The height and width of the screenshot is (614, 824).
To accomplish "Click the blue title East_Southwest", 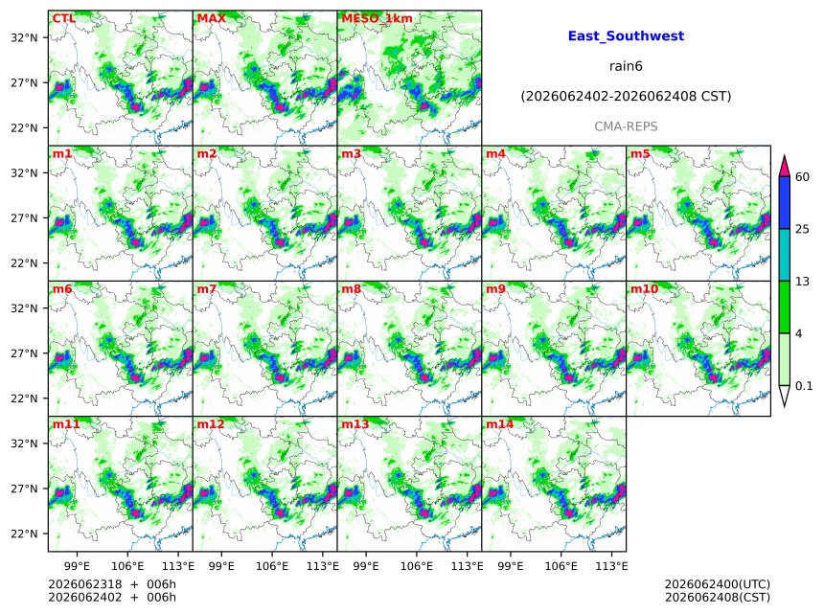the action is [x=626, y=36].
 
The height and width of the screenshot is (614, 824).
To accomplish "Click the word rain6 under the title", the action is [x=626, y=66].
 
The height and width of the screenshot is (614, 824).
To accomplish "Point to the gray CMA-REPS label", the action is [x=626, y=126].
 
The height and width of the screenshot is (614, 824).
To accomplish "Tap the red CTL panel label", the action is [x=64, y=18].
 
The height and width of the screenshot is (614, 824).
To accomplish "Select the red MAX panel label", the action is [x=211, y=18].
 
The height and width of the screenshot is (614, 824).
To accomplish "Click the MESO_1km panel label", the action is [x=377, y=18].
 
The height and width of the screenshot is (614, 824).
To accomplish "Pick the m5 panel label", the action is [x=640, y=154].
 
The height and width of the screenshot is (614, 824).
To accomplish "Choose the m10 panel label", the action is [x=644, y=289].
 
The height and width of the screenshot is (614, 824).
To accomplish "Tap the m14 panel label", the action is [x=499, y=424].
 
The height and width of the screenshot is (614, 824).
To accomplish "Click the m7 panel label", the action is [x=207, y=289].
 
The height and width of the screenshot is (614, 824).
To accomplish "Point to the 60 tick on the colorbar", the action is [x=802, y=176].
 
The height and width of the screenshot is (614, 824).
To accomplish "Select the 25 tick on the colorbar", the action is [x=802, y=229].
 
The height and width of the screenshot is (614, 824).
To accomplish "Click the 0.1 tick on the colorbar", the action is [x=804, y=386].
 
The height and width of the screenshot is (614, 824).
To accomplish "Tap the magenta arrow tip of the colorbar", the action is [x=785, y=156].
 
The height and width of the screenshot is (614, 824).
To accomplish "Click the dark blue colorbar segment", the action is [x=785, y=202].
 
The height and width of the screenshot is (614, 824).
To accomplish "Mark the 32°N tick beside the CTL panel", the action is [x=25, y=37].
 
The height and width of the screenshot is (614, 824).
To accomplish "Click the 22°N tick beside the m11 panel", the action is [x=25, y=534].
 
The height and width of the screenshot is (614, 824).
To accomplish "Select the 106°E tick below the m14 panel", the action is [x=561, y=566].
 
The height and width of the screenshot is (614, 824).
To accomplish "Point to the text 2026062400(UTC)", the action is [x=718, y=584].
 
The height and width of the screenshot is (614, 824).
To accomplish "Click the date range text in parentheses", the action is [x=626, y=96].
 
